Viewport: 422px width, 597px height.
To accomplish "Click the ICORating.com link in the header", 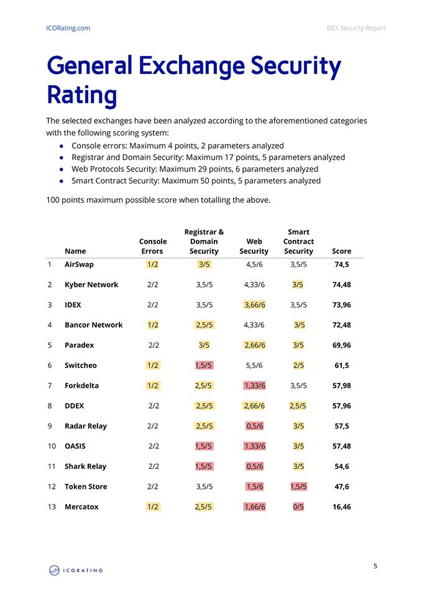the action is (68, 28).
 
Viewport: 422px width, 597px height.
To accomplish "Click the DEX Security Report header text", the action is (356, 28).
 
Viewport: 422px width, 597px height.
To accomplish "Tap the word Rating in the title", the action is (82, 95).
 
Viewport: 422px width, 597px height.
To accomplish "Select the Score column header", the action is (341, 251).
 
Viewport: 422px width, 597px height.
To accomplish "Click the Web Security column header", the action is (254, 246).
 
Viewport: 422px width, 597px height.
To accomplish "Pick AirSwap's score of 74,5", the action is (342, 265).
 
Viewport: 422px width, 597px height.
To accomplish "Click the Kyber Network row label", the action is (91, 285).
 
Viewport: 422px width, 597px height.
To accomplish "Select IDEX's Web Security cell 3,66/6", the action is (255, 305).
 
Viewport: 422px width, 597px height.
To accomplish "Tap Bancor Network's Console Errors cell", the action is (153, 325).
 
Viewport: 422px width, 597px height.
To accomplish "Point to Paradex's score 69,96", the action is (342, 345).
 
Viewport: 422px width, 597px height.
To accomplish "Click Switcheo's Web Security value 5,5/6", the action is (254, 366).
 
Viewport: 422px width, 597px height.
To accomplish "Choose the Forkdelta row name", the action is (81, 386).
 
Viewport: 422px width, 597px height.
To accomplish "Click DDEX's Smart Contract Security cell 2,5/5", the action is (298, 406).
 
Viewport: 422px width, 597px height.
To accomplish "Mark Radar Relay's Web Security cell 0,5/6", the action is (255, 426).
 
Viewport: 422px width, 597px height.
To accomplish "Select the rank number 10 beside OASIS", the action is (52, 447).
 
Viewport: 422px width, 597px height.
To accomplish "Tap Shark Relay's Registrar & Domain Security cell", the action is (204, 466).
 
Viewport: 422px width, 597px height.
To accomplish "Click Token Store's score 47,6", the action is (342, 486).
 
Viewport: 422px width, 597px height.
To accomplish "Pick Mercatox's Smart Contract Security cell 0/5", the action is (298, 507).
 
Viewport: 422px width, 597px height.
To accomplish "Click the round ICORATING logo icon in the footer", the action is (55, 570).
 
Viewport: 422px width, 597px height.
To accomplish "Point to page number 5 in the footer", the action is (375, 566).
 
